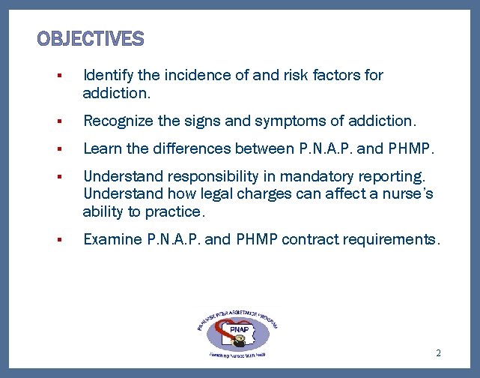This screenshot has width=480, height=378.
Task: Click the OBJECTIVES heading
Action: pos(91,38)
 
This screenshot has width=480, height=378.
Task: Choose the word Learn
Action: pos(100,148)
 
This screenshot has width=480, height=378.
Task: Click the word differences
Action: pos(195,148)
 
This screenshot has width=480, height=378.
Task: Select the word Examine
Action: pos(112,240)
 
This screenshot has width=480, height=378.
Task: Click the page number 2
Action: pos(438,352)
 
